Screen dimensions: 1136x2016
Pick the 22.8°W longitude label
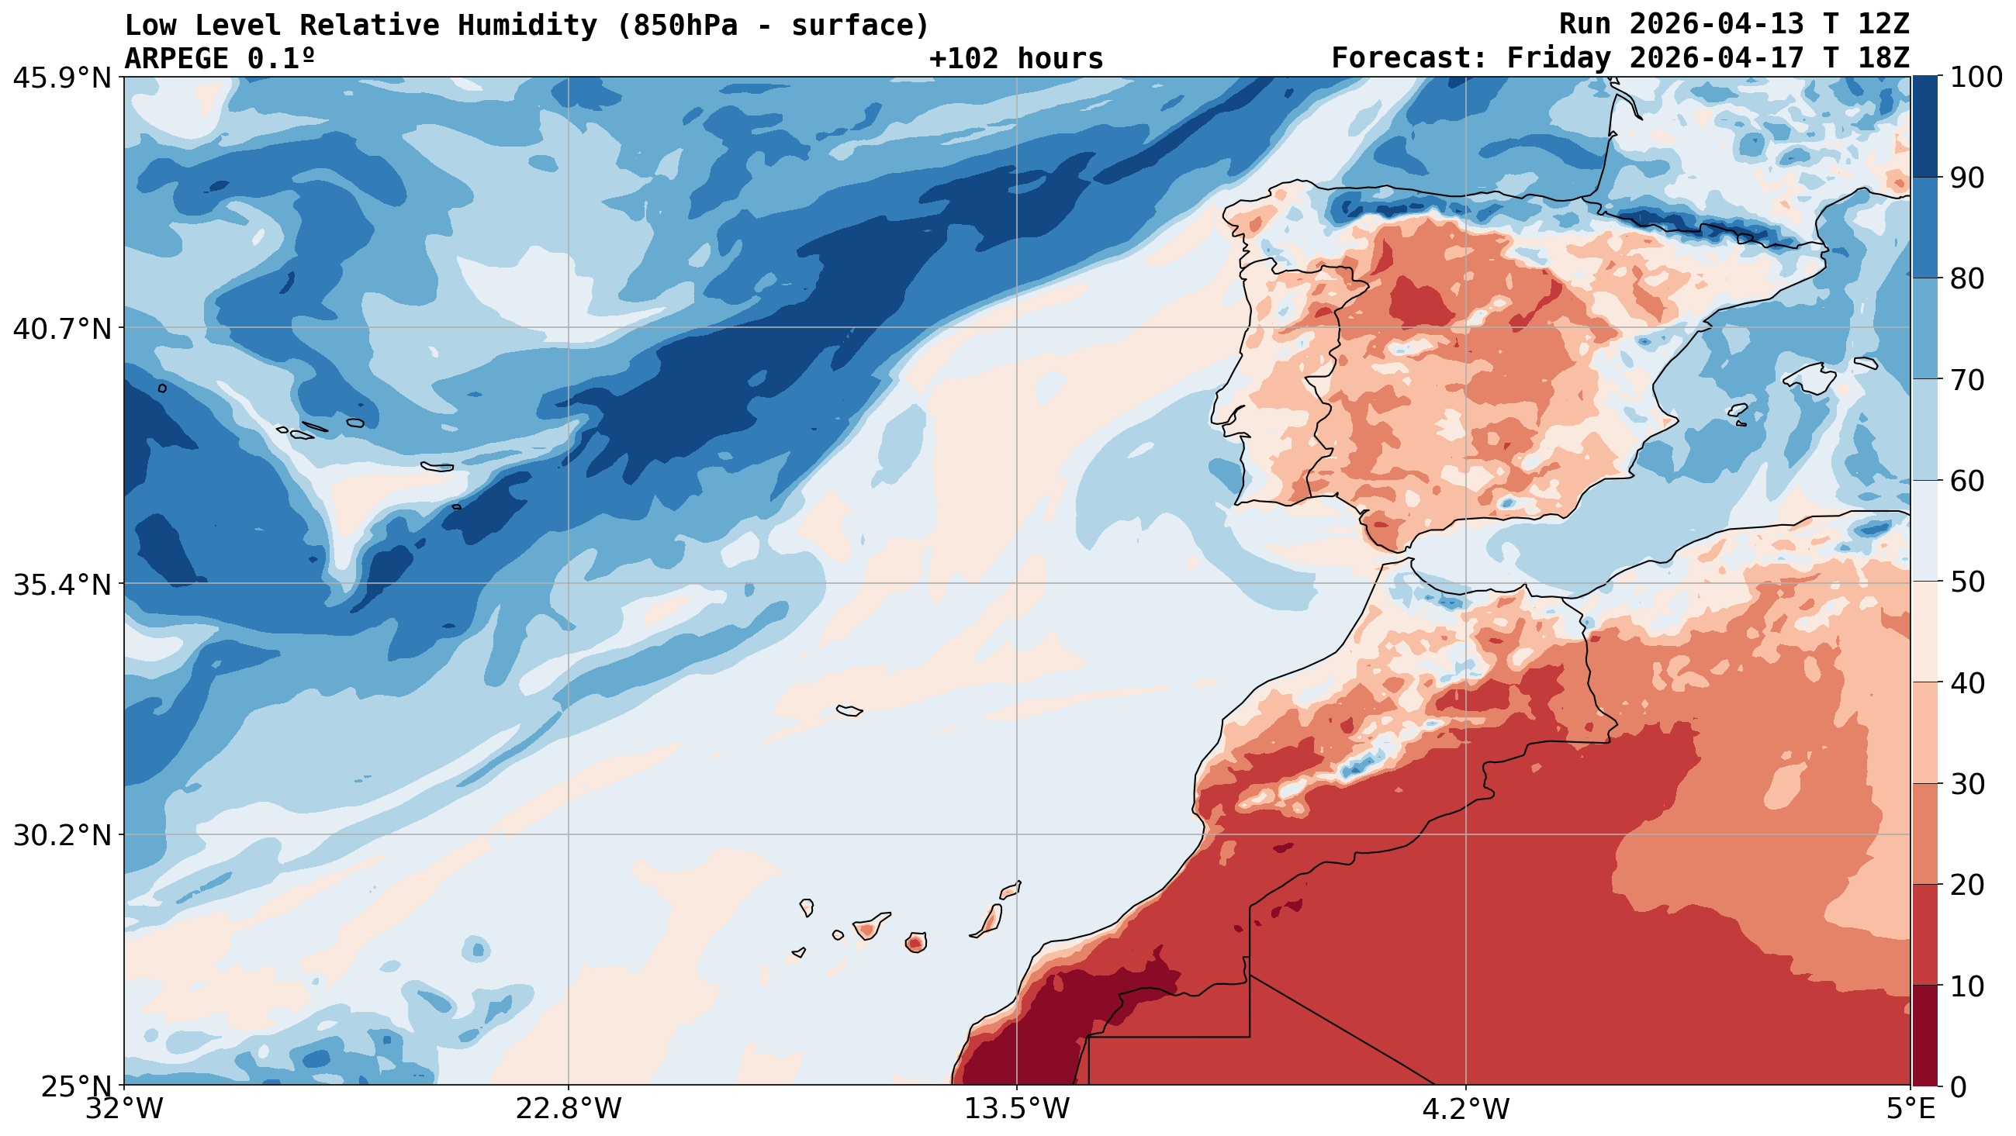pos(568,1110)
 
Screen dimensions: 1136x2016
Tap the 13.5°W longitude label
pos(1016,1110)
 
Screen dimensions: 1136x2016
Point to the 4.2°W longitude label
pos(1465,1110)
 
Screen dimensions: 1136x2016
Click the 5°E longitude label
pos(1910,1110)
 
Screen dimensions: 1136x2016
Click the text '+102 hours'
pos(1015,59)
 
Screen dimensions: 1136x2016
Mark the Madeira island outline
pos(849,710)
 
